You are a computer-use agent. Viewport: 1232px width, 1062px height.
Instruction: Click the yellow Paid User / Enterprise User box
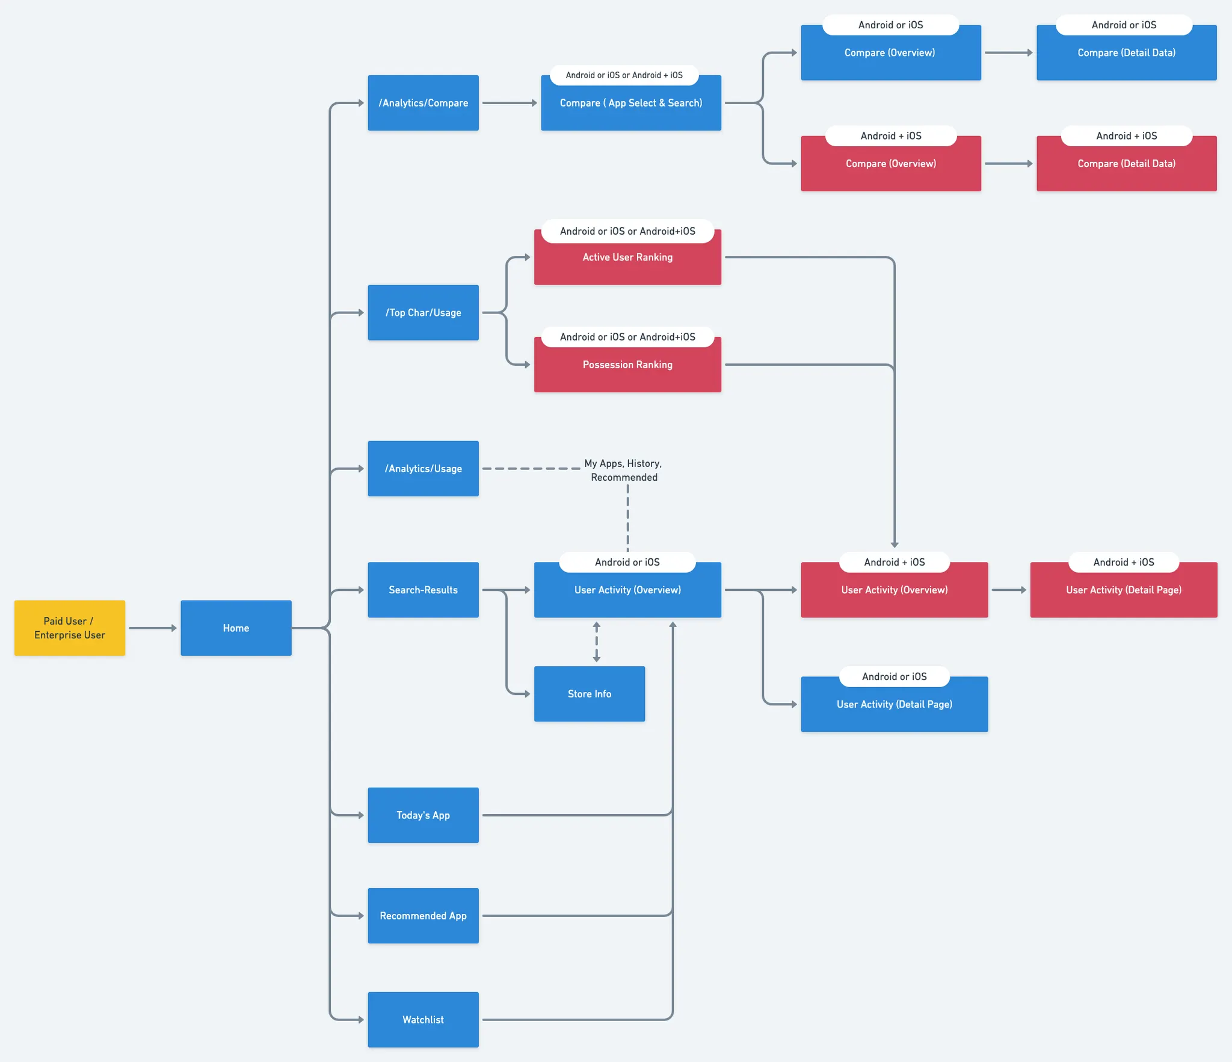pyautogui.click(x=70, y=628)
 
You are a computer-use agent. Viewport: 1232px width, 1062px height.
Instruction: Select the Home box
pyautogui.click(x=236, y=628)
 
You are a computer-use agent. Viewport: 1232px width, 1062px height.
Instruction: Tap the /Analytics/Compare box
pyautogui.click(x=423, y=103)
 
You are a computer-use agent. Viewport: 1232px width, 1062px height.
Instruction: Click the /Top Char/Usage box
pyautogui.click(x=423, y=312)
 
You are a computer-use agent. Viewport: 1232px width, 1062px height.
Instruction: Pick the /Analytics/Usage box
pyautogui.click(x=423, y=468)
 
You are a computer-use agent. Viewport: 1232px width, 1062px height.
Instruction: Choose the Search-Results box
pyautogui.click(x=423, y=590)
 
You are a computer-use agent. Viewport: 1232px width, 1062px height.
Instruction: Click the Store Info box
pyautogui.click(x=589, y=694)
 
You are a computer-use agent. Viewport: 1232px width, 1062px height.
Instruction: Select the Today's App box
pyautogui.click(x=423, y=815)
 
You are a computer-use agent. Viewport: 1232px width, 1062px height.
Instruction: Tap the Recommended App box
pyautogui.click(x=423, y=915)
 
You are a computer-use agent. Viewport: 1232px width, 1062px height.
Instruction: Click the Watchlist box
pyautogui.click(x=423, y=1019)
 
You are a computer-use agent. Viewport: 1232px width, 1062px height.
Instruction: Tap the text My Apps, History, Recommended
pyautogui.click(x=623, y=470)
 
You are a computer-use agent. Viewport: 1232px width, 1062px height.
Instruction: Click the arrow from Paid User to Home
pyautogui.click(x=152, y=628)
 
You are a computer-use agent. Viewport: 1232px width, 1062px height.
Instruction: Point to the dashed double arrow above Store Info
pyautogui.click(x=596, y=642)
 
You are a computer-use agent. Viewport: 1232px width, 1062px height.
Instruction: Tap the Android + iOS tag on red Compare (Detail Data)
pyautogui.click(x=1126, y=136)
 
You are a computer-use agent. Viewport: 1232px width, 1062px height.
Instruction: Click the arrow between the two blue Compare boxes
pyautogui.click(x=1008, y=52)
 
